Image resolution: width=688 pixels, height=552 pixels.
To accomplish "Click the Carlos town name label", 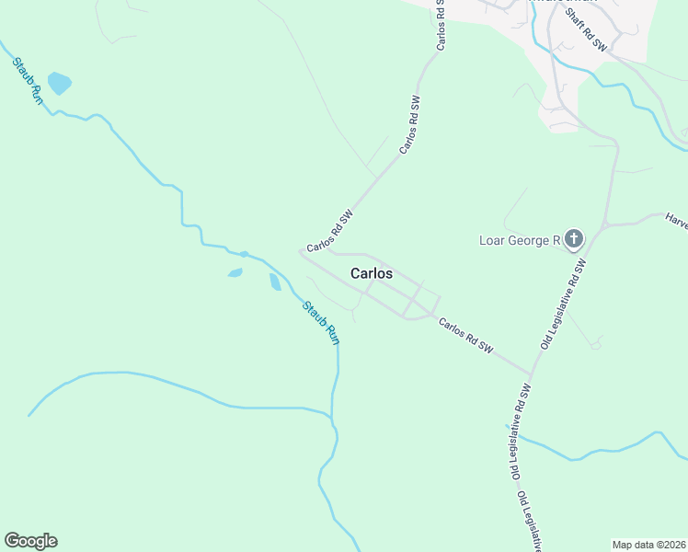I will tap(371, 273).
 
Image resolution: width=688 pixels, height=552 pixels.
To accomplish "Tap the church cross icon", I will tap(573, 241).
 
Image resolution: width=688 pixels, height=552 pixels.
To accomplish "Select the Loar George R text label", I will tap(520, 241).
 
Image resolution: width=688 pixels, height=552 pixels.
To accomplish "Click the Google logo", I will tap(30, 541).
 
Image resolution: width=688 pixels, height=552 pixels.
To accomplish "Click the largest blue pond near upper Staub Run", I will tap(60, 83).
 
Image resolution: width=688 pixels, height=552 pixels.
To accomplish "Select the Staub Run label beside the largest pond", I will tap(28, 81).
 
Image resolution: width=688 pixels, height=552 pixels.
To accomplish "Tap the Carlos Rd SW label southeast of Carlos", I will tap(465, 337).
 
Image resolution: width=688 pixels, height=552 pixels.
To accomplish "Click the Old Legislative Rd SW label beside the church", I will tap(563, 305).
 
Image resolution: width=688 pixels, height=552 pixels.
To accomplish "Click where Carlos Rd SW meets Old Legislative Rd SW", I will tap(531, 374).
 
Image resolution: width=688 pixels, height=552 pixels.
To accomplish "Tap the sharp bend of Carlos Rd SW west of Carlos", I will tap(302, 251).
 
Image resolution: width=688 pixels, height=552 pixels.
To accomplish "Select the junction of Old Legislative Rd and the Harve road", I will tap(604, 224).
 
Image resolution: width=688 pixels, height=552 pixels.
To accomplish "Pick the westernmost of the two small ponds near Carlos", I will tap(235, 273).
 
